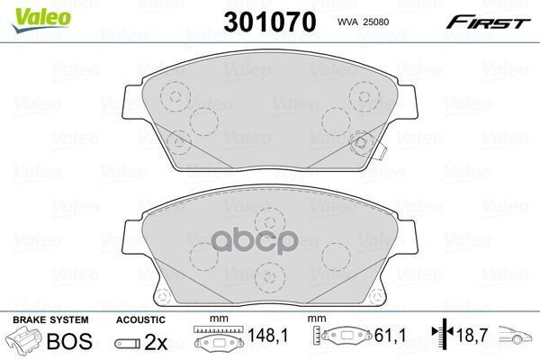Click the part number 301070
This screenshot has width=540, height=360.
[270, 22]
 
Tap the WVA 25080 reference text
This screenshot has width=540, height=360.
[363, 22]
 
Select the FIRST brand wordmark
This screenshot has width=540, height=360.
[488, 22]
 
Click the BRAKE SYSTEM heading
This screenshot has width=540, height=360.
[50, 320]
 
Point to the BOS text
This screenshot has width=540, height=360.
[69, 341]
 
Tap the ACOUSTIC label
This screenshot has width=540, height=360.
[140, 320]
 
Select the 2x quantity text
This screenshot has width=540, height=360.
[156, 342]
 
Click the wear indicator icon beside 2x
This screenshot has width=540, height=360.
[128, 343]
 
